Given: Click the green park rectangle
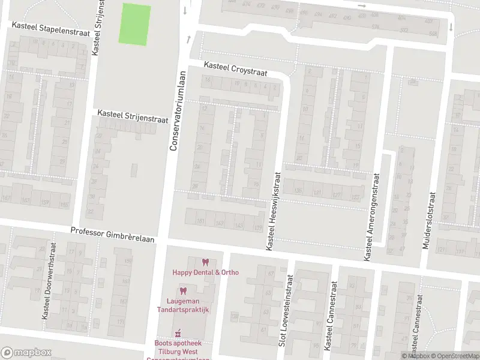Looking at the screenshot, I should click(x=136, y=24).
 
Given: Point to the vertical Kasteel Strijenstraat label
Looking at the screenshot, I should click(x=95, y=28).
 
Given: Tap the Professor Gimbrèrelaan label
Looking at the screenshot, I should click(x=112, y=235).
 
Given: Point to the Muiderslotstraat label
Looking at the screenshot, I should click(x=430, y=211).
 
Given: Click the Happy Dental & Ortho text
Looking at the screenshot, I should click(x=206, y=272).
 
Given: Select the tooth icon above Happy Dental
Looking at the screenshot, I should click(x=206, y=262).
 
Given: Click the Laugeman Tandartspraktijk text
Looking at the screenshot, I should click(x=184, y=305).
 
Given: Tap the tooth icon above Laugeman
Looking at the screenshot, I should click(x=184, y=291).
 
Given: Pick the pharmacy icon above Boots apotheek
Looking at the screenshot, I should click(x=178, y=334).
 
